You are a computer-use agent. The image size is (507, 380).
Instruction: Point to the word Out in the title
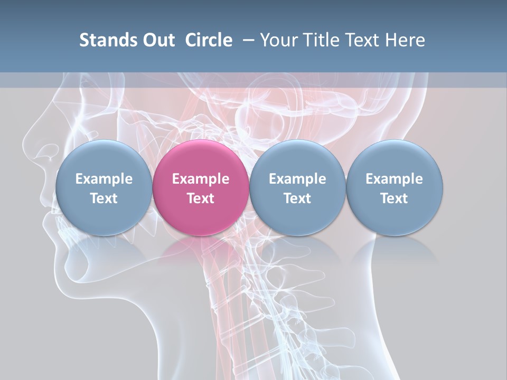pyautogui.click(x=159, y=40)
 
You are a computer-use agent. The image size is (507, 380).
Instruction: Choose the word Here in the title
pyautogui.click(x=405, y=40)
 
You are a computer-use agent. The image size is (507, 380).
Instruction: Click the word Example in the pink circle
pyautogui.click(x=201, y=179)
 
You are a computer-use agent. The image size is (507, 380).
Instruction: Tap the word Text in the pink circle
pyautogui.click(x=201, y=198)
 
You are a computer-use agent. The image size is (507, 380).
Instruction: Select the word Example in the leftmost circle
pyautogui.click(x=104, y=179)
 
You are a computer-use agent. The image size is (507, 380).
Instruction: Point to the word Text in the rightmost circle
pyautogui.click(x=394, y=198)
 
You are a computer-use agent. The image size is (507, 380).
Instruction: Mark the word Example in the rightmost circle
pyautogui.click(x=394, y=179)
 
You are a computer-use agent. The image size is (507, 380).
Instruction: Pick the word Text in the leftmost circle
pyautogui.click(x=104, y=198)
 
